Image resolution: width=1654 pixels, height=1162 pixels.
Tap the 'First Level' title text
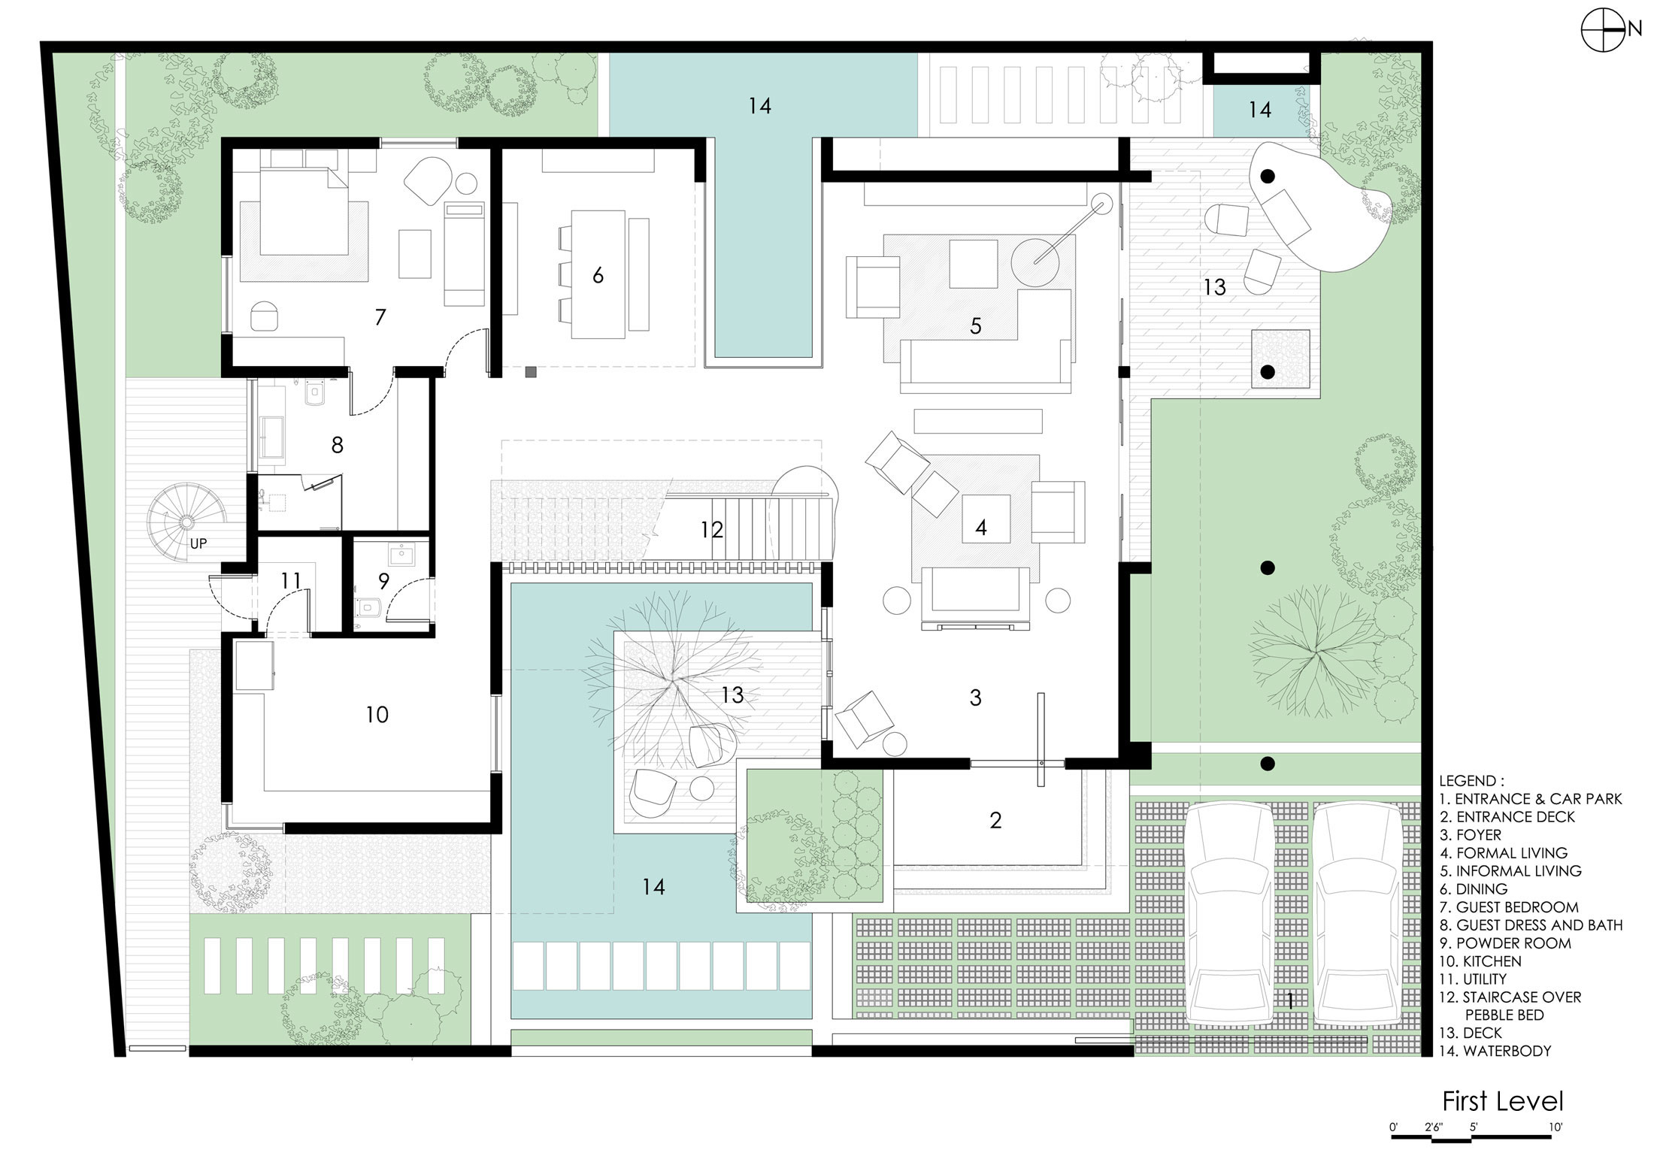click(1502, 1102)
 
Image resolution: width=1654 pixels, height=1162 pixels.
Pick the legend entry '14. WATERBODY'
click(1495, 1052)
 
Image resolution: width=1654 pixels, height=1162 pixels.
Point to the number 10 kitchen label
click(377, 715)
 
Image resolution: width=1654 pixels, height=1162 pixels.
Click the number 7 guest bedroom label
click(380, 317)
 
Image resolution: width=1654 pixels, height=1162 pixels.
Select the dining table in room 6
click(598, 274)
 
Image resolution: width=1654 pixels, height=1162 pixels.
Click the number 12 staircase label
click(711, 531)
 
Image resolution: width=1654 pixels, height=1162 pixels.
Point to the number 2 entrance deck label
click(995, 820)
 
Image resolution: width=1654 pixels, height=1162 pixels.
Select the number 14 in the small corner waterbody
click(1260, 110)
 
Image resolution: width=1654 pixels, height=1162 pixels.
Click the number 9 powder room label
click(383, 581)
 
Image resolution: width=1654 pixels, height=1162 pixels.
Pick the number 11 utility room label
click(291, 581)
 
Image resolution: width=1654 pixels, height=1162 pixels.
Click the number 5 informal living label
click(976, 326)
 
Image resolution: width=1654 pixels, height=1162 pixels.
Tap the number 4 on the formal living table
click(981, 528)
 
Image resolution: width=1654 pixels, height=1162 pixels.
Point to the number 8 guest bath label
click(338, 446)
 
